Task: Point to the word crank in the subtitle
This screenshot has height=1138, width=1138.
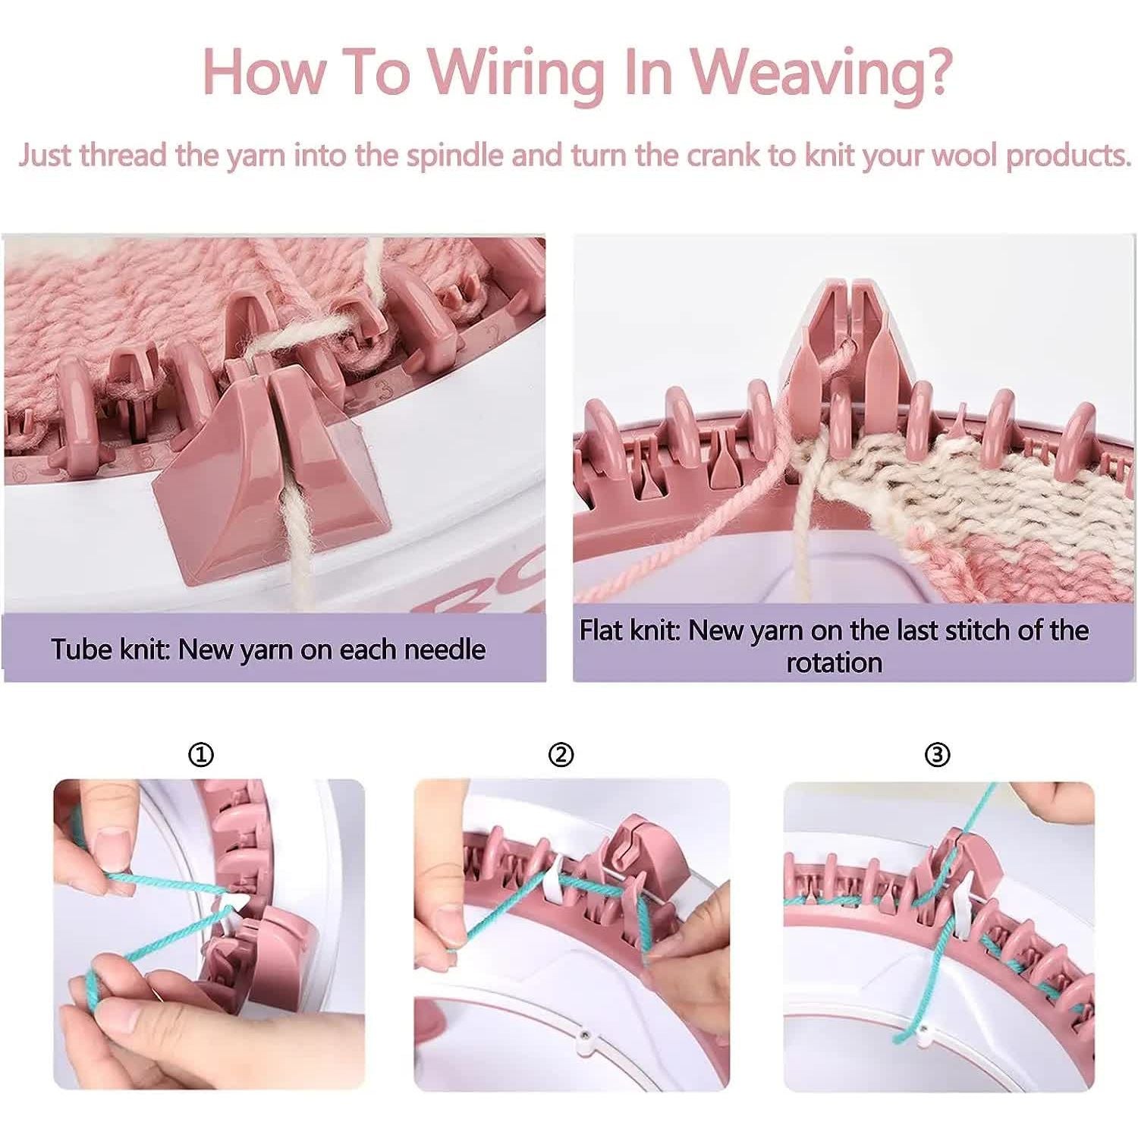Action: pos(724,155)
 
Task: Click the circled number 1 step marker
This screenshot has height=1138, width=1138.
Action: pos(201,755)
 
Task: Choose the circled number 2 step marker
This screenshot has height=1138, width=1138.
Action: pos(561,755)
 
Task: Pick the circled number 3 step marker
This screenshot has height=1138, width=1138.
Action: pos(938,755)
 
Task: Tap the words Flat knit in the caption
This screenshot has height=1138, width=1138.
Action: pos(630,630)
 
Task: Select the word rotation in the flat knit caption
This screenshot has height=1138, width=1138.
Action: pos(835,662)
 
